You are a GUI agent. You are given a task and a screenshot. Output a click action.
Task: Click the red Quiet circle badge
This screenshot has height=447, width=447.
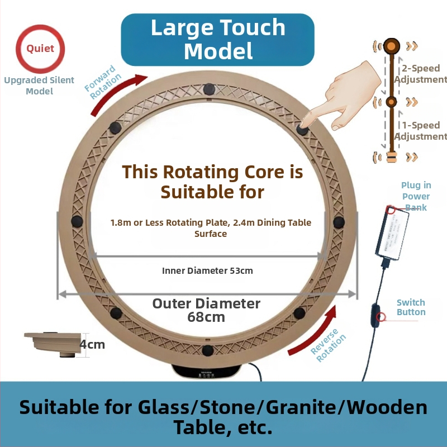pos(40,49)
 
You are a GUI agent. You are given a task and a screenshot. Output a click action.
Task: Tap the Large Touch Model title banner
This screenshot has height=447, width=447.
pos(218,39)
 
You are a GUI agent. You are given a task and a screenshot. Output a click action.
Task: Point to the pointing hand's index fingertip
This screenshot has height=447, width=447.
pos(304,123)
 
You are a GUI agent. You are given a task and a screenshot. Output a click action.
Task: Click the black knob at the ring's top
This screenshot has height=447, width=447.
pos(209,88)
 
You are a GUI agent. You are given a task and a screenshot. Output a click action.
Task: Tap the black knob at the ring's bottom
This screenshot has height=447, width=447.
pos(208,350)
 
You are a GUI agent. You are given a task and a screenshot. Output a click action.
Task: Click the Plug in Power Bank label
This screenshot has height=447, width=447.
pos(416,196)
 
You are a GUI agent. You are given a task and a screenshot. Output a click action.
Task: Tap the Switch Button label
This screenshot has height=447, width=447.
pos(411,307)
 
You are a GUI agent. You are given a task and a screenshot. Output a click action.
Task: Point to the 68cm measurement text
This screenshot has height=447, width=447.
pos(206,317)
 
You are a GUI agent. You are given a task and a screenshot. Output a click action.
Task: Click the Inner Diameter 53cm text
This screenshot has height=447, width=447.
pos(207,271)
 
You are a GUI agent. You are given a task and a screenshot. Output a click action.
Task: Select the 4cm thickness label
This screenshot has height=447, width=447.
pos(93,344)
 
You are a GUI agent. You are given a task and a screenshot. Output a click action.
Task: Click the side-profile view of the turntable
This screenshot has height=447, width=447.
pos(54,341)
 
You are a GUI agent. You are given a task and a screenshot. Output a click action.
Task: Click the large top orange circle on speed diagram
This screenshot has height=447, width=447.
pos(392,45)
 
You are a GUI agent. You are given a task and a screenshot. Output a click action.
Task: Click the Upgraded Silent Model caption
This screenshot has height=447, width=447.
pos(39,85)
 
